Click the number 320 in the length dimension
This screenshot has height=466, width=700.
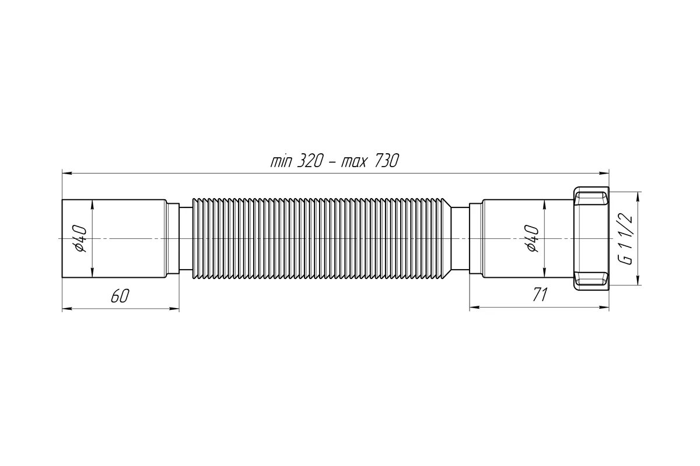[309, 161]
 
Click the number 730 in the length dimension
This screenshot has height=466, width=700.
[386, 161]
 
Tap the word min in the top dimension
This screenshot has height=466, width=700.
[281, 161]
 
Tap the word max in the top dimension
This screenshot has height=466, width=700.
[353, 163]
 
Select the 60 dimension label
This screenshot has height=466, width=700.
[120, 295]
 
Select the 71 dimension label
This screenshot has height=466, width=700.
[540, 295]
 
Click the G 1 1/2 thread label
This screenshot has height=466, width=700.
[625, 239]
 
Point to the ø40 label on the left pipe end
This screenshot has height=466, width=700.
[80, 238]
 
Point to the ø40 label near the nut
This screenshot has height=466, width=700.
[532, 238]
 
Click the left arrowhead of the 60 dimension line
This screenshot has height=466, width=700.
[67, 308]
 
